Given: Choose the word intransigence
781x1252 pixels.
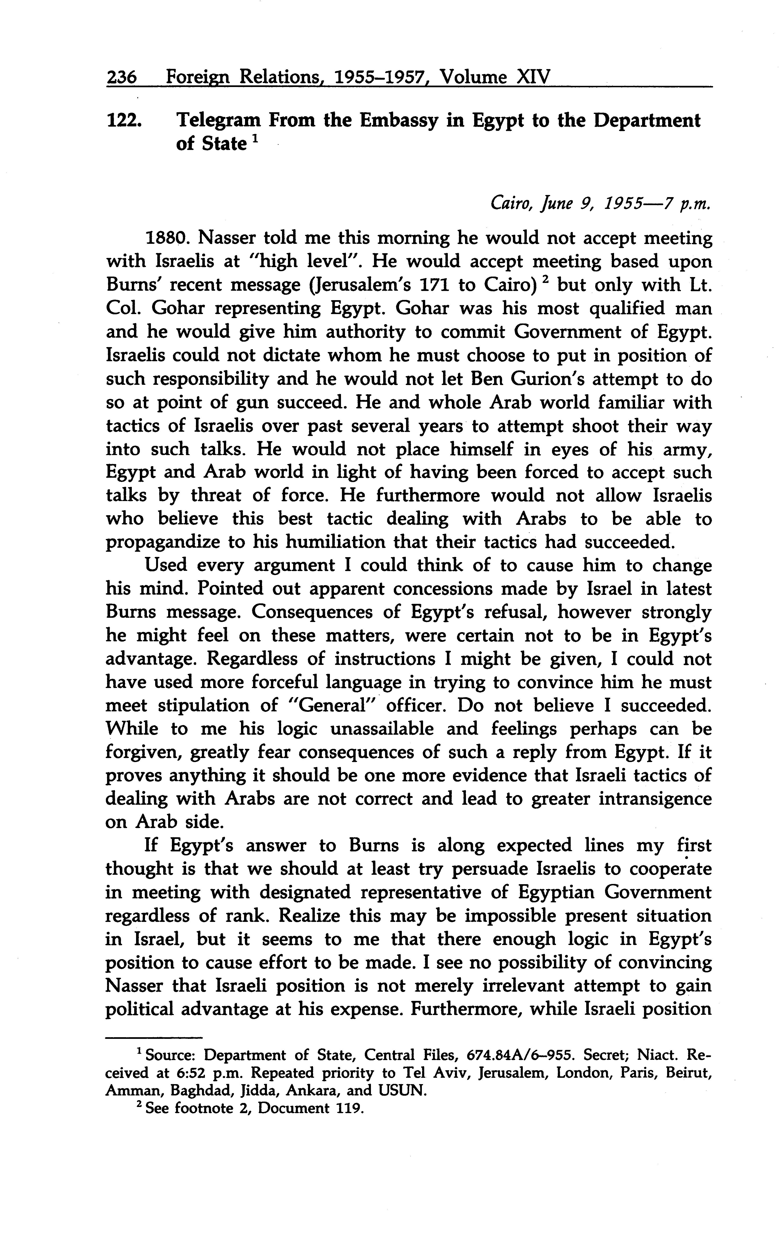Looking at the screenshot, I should (x=655, y=799).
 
